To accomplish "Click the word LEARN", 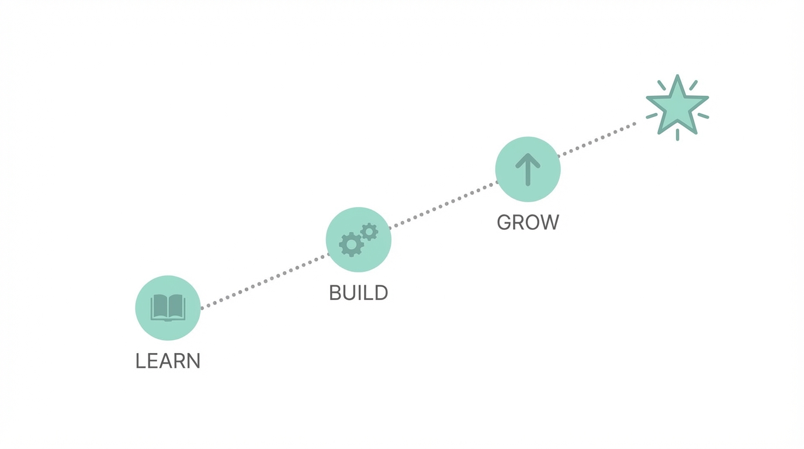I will point(168,361).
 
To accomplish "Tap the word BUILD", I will point(358,292).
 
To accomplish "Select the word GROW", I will point(528,222).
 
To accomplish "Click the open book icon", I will point(168,308).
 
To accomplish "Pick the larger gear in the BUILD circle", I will point(351,244).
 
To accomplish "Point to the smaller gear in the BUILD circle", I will point(369,232).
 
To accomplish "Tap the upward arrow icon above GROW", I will point(528,169).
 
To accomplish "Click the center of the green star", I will point(677,108).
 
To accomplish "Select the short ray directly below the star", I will point(677,134).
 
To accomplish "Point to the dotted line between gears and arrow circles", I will point(443,204).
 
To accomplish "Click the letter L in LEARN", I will point(140,361).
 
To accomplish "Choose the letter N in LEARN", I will point(194,361).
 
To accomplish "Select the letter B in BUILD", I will point(335,292).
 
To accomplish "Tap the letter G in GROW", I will point(504,222).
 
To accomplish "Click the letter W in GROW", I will point(549,222).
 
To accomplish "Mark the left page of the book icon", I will point(159,306).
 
